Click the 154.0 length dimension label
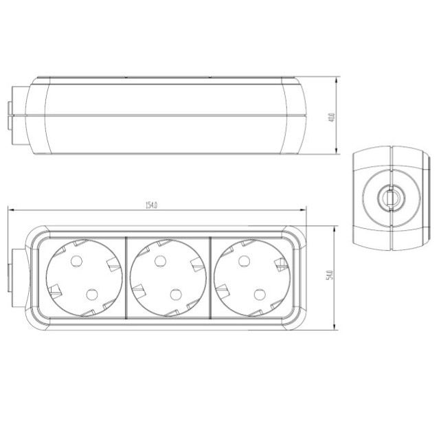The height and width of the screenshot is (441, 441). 152,205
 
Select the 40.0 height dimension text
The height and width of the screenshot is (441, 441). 331,116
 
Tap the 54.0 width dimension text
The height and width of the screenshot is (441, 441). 330,275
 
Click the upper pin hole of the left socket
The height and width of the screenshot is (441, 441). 75,260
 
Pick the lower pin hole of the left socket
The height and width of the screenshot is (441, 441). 91,294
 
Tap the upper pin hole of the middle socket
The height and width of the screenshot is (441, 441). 159,260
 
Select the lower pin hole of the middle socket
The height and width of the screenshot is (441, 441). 176,294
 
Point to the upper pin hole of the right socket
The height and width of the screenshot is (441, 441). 243,260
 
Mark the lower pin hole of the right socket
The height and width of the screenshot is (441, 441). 260,294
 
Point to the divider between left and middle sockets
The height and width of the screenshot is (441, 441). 127,278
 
